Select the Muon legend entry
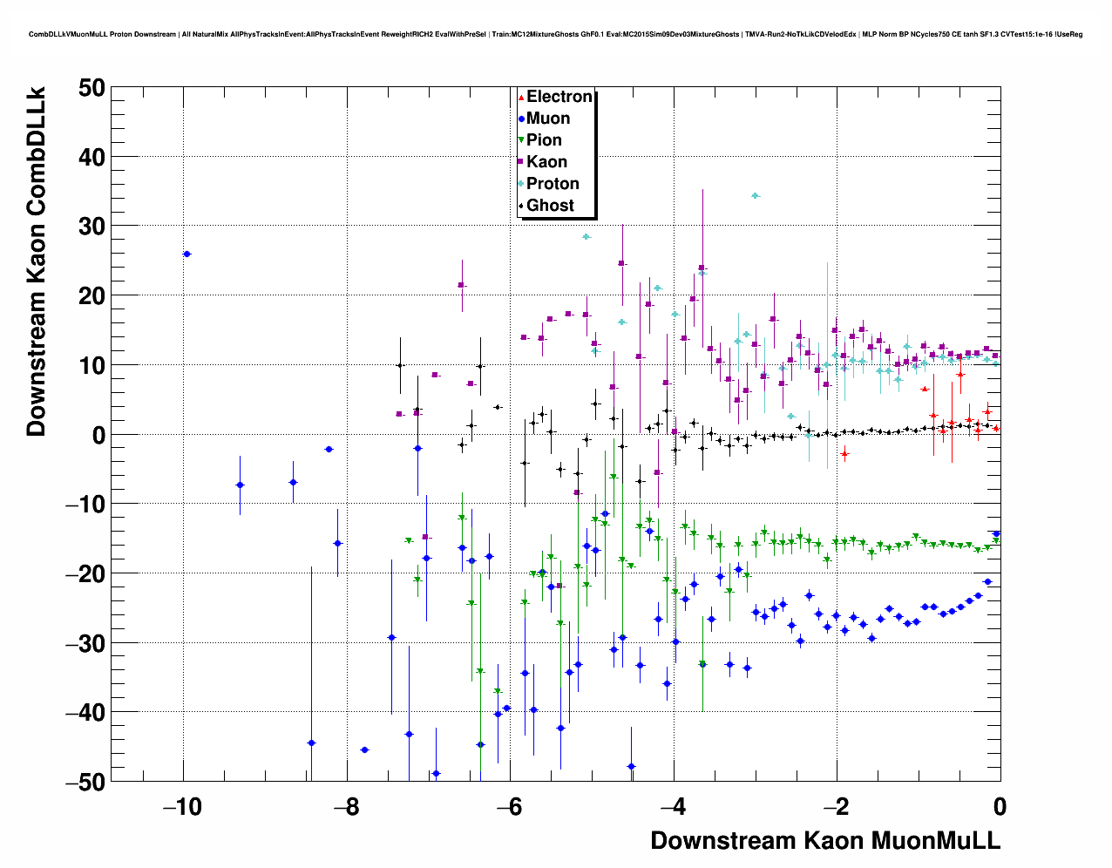[547, 119]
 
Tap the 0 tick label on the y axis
[95, 435]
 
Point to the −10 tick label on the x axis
[182, 808]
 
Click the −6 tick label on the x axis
[510, 808]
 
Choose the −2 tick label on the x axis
[837, 808]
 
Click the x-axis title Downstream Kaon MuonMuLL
[825, 841]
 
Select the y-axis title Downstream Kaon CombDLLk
[37, 261]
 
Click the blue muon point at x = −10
[186, 254]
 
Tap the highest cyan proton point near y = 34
[755, 196]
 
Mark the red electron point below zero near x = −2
[844, 454]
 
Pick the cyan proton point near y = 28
[587, 236]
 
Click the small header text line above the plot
[555, 34]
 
